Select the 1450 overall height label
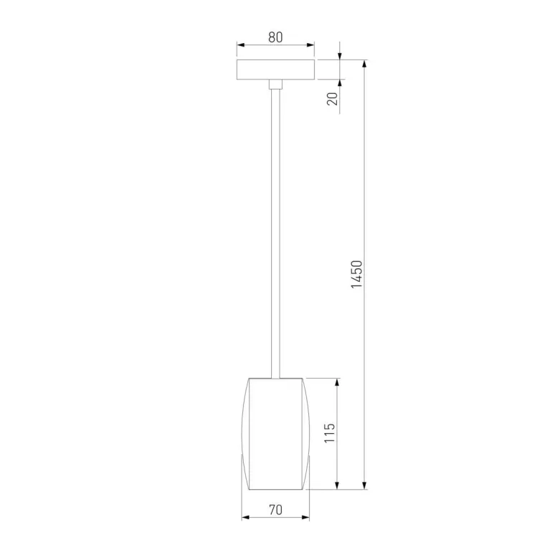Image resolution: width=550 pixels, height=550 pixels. pyautogui.click(x=359, y=275)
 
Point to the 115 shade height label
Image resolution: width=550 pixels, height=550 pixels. pyautogui.click(x=329, y=434)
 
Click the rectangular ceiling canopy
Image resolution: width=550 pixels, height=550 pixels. pyautogui.click(x=275, y=70)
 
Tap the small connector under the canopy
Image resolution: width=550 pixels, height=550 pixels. pyautogui.click(x=275, y=85)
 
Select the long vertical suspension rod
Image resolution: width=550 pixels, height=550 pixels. pyautogui.click(x=275, y=229)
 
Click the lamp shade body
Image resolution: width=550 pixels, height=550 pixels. pyautogui.click(x=276, y=434)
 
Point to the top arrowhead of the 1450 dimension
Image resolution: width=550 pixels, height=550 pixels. pyautogui.click(x=366, y=64)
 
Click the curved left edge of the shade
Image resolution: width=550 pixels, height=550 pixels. pyautogui.click(x=243, y=434)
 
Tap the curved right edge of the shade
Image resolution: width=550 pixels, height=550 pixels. pyautogui.click(x=309, y=434)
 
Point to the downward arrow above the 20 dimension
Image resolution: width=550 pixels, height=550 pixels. pyautogui.click(x=339, y=55)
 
